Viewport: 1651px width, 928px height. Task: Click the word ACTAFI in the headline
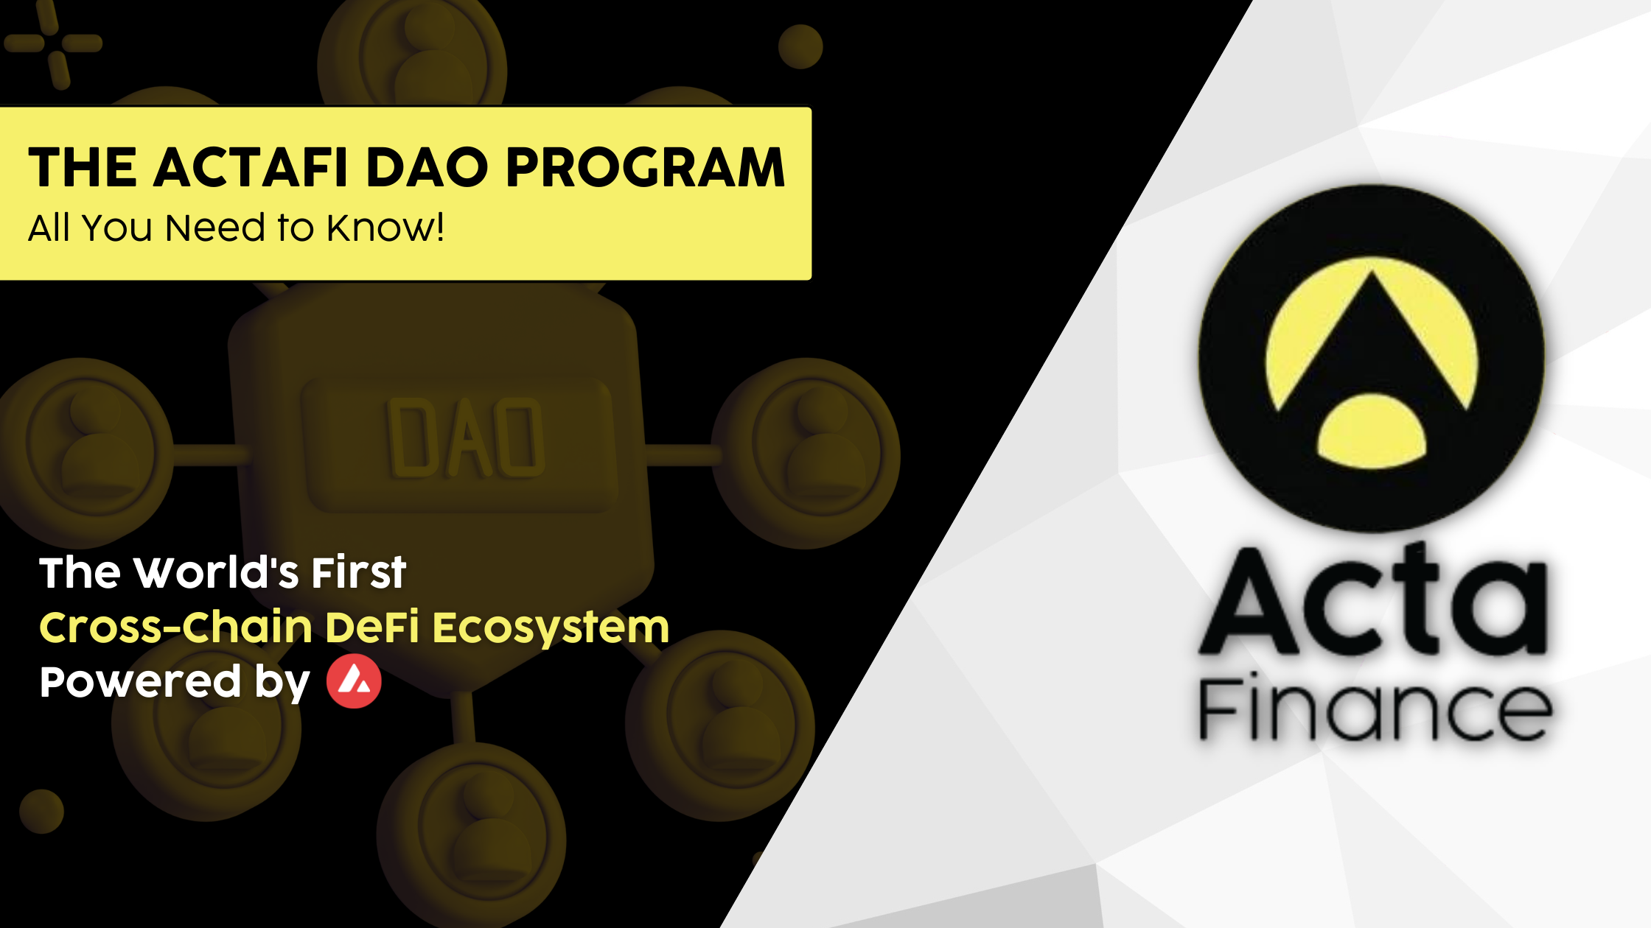click(x=250, y=167)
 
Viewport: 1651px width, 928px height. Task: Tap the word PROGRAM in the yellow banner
click(x=646, y=167)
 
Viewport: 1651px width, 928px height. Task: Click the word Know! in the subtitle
click(x=385, y=227)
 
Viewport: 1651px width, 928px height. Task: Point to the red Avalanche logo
click(x=355, y=682)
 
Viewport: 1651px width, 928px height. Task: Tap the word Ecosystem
click(x=551, y=628)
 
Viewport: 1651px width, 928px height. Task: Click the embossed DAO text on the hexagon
click(x=466, y=438)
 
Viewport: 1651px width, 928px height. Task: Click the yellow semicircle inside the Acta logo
click(x=1372, y=432)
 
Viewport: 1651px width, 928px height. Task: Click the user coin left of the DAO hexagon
click(x=87, y=451)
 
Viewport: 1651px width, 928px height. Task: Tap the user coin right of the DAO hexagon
click(x=809, y=452)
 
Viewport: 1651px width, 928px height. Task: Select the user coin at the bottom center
click(x=472, y=836)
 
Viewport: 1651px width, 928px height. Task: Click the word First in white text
click(x=358, y=572)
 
